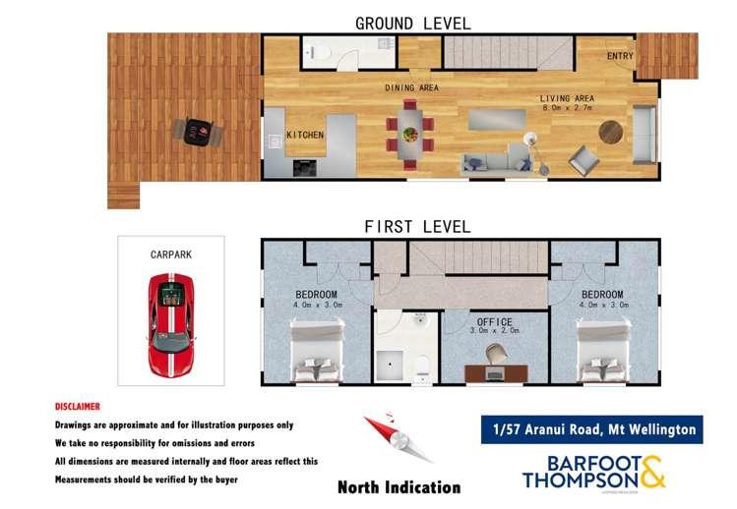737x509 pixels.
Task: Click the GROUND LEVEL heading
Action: click(412, 23)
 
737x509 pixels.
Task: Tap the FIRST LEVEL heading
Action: click(417, 227)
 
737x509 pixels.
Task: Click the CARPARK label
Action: click(170, 254)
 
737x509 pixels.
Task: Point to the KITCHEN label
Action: click(304, 135)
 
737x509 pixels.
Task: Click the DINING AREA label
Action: click(411, 87)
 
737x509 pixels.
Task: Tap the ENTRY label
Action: click(620, 56)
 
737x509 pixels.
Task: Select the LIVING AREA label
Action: click(566, 98)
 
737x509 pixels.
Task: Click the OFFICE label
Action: click(493, 321)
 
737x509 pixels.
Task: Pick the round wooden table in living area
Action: click(610, 131)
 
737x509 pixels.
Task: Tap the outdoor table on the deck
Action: click(198, 130)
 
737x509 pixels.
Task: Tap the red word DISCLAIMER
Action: click(77, 406)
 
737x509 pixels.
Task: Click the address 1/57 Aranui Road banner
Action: click(591, 429)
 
